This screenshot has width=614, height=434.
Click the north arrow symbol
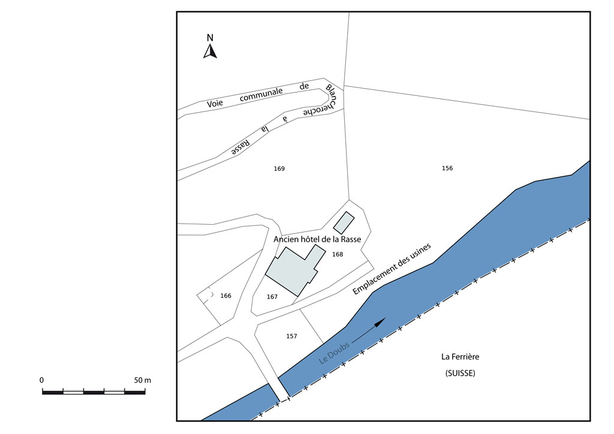point(210,52)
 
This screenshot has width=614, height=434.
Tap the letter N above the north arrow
point(210,38)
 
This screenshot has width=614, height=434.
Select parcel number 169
point(279,168)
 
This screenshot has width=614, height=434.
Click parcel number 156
point(447,168)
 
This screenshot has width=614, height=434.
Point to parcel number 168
point(338,254)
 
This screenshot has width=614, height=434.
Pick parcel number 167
point(272,297)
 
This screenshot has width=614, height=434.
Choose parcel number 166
point(226,296)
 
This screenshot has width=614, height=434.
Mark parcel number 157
point(292,336)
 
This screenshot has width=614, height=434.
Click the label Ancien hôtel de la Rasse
point(317,239)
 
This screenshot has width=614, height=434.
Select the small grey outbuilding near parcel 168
point(344,222)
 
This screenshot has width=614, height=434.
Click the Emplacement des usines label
point(392,269)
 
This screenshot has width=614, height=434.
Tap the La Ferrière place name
point(460,357)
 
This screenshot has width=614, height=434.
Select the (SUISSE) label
point(460,373)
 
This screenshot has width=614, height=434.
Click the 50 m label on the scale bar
point(143,381)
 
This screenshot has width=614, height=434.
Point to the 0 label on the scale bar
point(42,381)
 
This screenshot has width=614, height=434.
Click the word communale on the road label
point(261,95)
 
